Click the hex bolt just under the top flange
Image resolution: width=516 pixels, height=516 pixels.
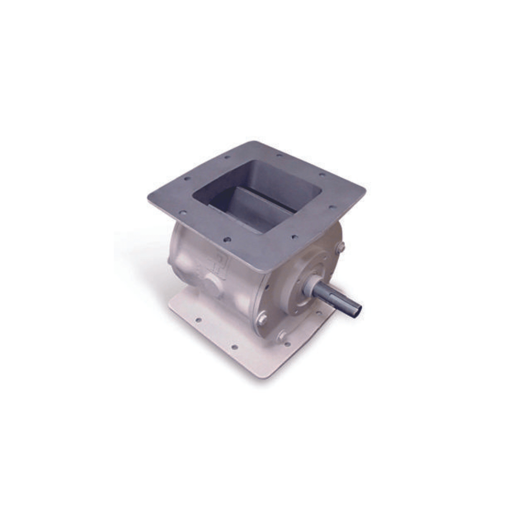(340, 247)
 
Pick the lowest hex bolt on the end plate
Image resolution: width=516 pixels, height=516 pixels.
(282, 336)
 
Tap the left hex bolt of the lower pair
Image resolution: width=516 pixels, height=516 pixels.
(262, 319)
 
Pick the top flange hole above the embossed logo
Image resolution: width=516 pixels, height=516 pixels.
(227, 239)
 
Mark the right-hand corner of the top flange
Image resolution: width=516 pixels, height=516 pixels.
(364, 189)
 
